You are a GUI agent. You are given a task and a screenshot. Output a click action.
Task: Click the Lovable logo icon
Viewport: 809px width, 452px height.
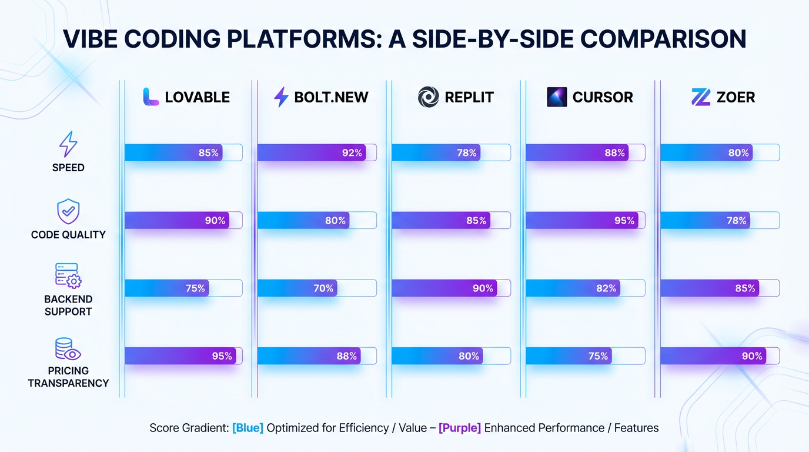[x=151, y=97]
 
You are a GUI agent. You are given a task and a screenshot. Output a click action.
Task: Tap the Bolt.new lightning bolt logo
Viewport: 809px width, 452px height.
[x=282, y=97]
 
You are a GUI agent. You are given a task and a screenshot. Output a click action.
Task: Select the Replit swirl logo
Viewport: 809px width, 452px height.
[x=428, y=97]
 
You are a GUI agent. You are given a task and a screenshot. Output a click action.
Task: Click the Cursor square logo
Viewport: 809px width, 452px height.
[x=557, y=97]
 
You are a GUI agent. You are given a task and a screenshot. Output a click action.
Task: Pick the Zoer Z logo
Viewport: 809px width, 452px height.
[x=701, y=97]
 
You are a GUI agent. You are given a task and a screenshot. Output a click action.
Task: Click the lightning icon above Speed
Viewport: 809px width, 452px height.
[x=68, y=144]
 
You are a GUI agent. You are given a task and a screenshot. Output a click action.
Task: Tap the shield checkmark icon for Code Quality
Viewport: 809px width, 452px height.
[x=68, y=211]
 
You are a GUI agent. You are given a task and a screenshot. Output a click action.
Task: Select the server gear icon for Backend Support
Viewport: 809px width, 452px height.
[x=68, y=275]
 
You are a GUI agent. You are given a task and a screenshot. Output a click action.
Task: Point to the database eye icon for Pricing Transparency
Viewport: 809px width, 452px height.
[x=68, y=349]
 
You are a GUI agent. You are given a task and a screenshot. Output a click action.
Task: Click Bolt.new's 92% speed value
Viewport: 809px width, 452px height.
[x=352, y=153]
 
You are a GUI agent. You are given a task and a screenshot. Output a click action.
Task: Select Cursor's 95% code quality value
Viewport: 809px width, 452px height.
[x=624, y=221]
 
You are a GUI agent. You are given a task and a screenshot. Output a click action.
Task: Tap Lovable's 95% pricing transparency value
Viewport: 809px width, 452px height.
[x=222, y=356]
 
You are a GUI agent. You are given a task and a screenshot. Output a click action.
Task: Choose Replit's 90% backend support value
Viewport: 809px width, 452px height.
[x=483, y=288]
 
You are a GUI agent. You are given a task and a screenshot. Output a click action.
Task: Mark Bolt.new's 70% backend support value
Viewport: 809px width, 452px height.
[x=323, y=288]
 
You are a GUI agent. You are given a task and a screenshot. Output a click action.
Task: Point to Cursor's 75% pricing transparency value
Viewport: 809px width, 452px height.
[x=598, y=356]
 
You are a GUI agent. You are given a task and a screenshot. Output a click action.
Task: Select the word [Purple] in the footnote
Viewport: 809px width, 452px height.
[x=460, y=428]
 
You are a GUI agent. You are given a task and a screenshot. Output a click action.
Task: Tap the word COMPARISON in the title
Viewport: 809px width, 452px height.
[x=663, y=39]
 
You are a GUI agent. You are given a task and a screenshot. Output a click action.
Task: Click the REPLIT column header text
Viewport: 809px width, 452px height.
[x=469, y=97]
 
